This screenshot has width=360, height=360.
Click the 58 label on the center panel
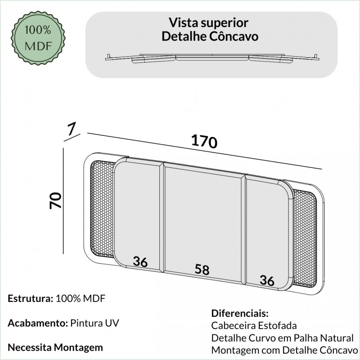[x=202, y=270]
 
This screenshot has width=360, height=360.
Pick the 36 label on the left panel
[x=140, y=261]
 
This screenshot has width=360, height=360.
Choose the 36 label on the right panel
[x=267, y=280]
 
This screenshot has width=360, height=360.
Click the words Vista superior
[x=209, y=22]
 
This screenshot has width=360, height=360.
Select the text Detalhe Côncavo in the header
[x=210, y=36]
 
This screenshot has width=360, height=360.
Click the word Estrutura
[x=29, y=298]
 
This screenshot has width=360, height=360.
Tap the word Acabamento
[x=37, y=324]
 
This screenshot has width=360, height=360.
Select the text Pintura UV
[x=95, y=324]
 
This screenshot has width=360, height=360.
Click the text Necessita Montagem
[x=55, y=348]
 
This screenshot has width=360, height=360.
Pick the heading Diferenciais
[x=239, y=313]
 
